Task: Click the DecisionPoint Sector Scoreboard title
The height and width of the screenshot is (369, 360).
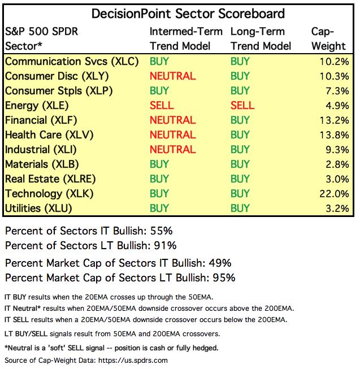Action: [180, 12]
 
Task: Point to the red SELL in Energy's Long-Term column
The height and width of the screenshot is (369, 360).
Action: [242, 105]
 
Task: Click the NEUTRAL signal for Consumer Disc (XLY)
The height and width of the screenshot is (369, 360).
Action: [172, 76]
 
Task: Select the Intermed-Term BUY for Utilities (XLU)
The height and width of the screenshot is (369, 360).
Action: [159, 208]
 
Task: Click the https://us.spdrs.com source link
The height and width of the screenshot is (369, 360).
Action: [131, 360]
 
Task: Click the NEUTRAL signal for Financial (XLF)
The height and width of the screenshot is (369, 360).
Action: [172, 120]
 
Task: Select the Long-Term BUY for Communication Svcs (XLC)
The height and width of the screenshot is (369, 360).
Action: [240, 61]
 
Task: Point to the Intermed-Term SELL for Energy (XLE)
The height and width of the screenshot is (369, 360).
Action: [162, 105]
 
